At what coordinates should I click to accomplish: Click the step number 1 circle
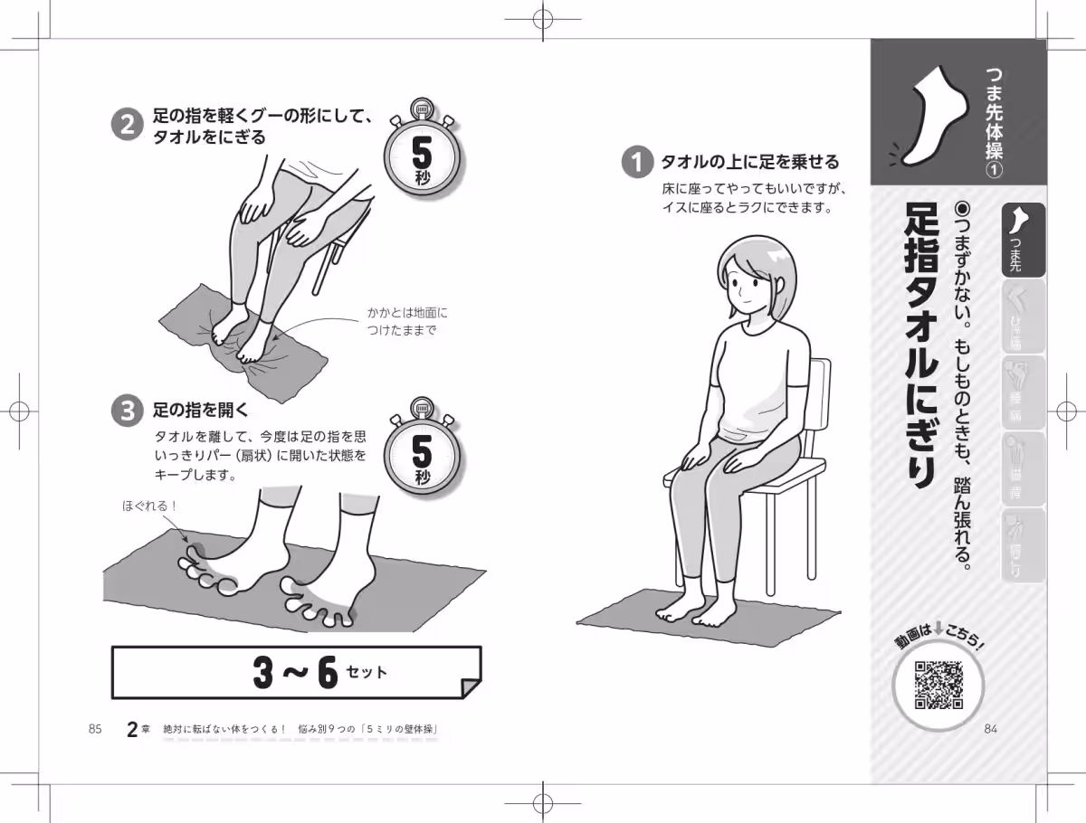(637, 163)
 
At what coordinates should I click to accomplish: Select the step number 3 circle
(127, 411)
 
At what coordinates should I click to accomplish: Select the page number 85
(95, 730)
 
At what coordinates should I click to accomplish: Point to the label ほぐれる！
(150, 506)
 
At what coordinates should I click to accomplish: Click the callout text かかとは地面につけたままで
(407, 321)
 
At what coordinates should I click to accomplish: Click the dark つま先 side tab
(1023, 240)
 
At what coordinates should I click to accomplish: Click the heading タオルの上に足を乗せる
(749, 163)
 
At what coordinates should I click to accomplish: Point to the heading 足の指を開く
(199, 411)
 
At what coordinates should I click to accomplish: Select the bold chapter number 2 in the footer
(133, 729)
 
